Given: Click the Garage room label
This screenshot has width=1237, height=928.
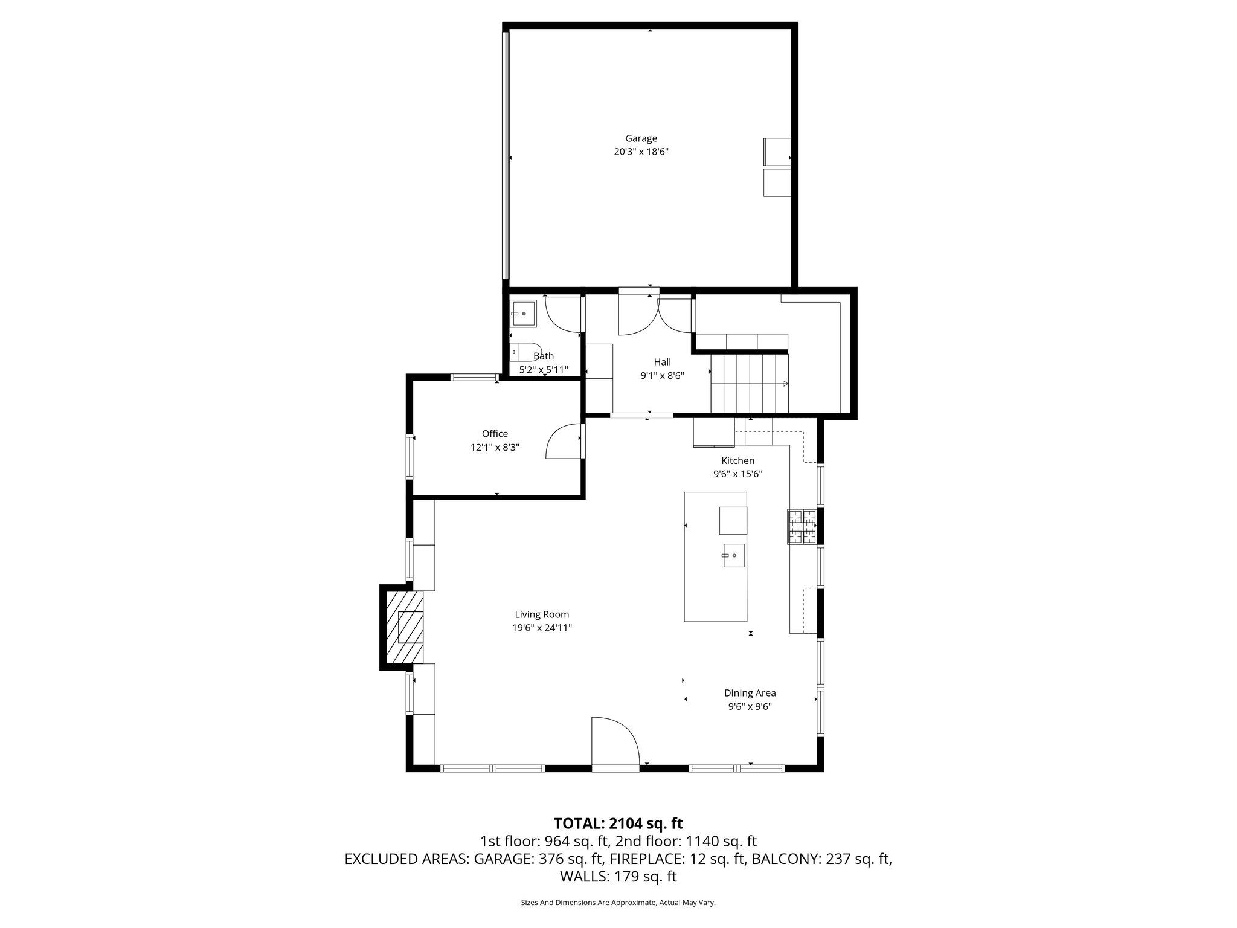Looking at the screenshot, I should tap(641, 138).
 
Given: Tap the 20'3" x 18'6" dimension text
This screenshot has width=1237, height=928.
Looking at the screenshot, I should tap(641, 152).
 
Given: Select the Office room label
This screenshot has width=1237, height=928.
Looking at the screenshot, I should tap(495, 434).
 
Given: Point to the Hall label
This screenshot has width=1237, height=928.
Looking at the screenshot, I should tap(662, 362).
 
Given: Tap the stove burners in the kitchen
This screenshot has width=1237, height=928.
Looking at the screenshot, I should tap(802, 526).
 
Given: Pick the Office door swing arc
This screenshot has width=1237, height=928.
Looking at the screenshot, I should tap(561, 442).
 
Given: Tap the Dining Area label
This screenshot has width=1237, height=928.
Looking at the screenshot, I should tap(750, 693).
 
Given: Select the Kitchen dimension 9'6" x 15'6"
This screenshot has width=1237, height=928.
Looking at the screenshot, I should tap(737, 474).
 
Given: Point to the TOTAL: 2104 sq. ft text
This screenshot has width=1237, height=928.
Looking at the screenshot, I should tap(618, 823).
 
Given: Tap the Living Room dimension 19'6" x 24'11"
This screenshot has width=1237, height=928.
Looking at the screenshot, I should tap(542, 628).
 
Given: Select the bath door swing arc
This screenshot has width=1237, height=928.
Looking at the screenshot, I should tap(562, 314).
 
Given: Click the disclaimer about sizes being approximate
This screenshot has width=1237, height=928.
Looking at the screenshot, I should tap(618, 903).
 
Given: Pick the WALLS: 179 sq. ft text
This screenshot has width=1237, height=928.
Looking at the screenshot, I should tap(618, 876).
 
